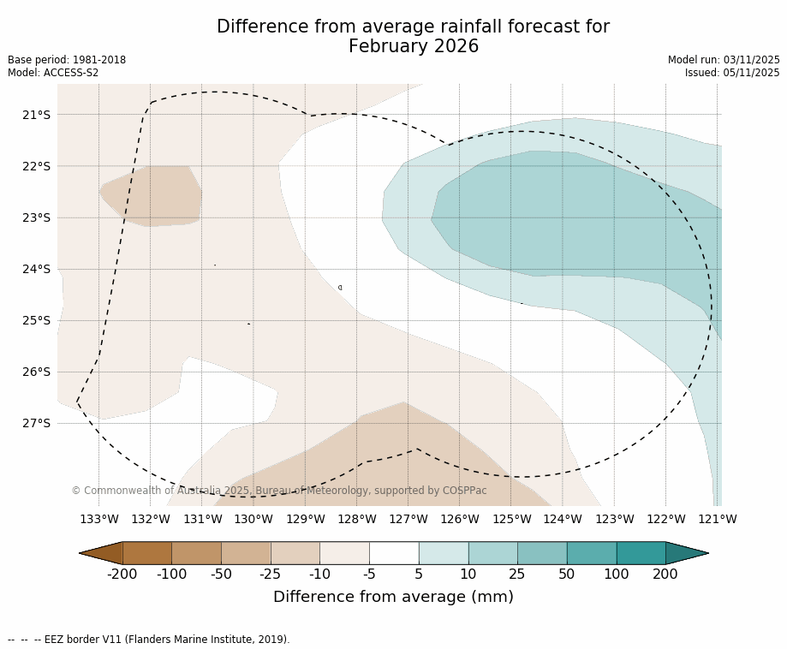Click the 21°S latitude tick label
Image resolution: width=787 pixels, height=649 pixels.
(x=35, y=115)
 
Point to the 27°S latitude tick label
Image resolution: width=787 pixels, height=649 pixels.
(x=35, y=423)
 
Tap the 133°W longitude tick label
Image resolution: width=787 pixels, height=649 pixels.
(x=98, y=519)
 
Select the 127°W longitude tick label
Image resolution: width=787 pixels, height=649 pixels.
(x=408, y=519)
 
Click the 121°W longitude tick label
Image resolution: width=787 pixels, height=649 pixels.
(x=717, y=519)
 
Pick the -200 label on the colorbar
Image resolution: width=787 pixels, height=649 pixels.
(x=122, y=574)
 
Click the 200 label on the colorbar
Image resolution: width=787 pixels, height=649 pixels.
(x=665, y=574)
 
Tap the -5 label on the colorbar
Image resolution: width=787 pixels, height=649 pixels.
(x=369, y=574)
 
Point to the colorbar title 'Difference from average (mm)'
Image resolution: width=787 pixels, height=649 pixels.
(x=393, y=597)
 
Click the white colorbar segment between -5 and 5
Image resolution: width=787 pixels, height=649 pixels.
(x=394, y=553)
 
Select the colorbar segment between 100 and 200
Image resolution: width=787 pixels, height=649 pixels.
(x=641, y=553)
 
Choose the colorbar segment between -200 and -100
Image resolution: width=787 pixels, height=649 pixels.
(x=146, y=553)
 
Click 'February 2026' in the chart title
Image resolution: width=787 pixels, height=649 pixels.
(x=413, y=46)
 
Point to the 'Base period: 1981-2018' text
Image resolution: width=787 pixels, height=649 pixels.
(x=67, y=60)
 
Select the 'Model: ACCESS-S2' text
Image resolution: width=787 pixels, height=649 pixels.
(x=53, y=73)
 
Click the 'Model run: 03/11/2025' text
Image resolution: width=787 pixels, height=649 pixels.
(x=724, y=60)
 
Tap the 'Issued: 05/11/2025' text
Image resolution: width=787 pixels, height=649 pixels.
(x=732, y=73)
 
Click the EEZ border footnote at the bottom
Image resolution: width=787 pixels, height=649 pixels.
(x=148, y=640)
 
